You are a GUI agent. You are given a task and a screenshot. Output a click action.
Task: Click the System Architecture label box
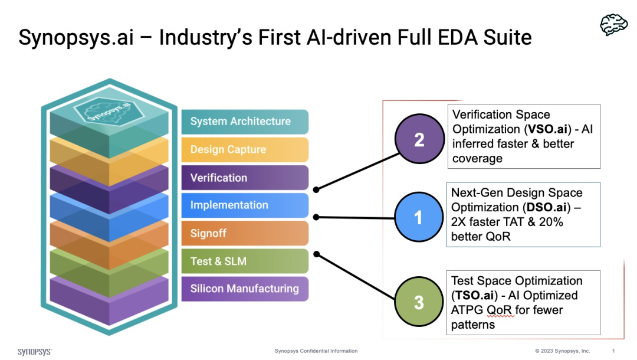(x=245, y=122)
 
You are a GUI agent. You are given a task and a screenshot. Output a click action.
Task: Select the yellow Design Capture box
(x=245, y=149)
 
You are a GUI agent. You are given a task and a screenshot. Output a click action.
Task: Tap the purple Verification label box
(x=245, y=178)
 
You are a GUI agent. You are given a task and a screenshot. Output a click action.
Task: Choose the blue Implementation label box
(x=245, y=205)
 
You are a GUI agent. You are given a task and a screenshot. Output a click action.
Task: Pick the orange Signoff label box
(x=245, y=233)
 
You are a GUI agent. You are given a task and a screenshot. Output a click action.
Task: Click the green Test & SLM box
(x=245, y=261)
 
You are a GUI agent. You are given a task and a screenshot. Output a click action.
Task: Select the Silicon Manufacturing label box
(x=245, y=289)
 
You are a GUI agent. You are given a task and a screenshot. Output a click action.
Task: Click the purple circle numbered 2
(x=420, y=139)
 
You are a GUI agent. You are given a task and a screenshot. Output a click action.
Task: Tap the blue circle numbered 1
(x=419, y=217)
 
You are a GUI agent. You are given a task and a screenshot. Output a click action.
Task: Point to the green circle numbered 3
(x=419, y=302)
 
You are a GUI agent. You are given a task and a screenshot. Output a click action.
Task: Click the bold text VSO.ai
(x=547, y=129)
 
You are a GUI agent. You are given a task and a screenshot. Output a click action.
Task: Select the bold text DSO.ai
(x=546, y=207)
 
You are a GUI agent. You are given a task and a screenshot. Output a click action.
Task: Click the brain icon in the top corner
(x=614, y=25)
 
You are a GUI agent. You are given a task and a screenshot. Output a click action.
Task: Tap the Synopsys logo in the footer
(x=35, y=352)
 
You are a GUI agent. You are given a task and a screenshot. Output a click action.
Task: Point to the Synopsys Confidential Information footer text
(x=316, y=351)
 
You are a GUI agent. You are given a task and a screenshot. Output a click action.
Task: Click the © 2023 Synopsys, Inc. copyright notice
(x=562, y=351)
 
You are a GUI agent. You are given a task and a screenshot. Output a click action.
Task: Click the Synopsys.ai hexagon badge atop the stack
(x=109, y=110)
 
